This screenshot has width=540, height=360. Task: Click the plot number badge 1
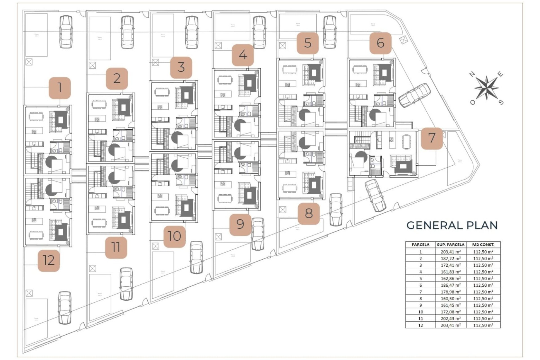60,88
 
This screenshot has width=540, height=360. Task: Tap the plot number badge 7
432,138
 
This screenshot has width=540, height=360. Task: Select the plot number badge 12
49,260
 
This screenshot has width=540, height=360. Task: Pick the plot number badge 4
243,55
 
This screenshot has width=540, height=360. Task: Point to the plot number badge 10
174,237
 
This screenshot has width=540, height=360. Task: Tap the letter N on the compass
472,74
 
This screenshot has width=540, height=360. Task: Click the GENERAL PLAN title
452,225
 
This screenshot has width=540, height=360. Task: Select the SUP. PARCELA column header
451,245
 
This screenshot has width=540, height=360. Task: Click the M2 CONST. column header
483,245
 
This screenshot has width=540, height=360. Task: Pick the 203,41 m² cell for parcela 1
451,252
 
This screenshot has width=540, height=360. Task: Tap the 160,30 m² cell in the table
451,298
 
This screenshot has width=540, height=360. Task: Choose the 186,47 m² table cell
451,285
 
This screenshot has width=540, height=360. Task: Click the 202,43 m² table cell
451,318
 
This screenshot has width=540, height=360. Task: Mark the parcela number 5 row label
420,278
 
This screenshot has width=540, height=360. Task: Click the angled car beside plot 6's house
414,95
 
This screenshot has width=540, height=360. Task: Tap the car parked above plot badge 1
66,31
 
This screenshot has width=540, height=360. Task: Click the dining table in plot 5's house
289,69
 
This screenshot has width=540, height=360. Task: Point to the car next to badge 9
257,234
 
